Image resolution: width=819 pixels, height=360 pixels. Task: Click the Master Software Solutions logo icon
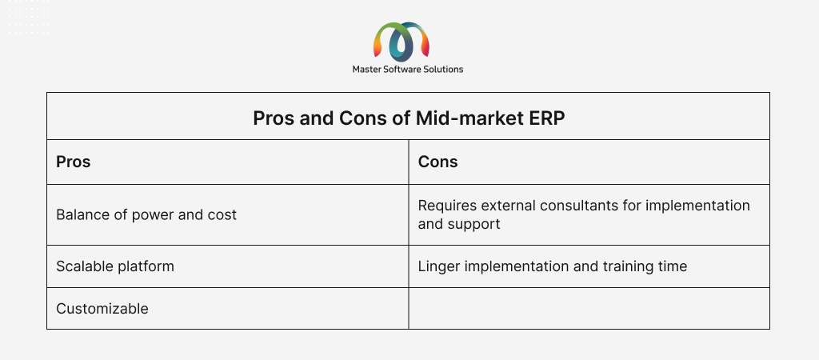[402, 41]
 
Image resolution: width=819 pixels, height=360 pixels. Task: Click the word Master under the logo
[366, 69]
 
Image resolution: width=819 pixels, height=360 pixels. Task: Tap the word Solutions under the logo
[445, 69]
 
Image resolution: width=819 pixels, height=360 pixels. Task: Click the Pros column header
[73, 162]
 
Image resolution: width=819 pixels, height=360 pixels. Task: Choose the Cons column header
[437, 162]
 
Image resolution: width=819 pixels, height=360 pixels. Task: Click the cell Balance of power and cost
[228, 214]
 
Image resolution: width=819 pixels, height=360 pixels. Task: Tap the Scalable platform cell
[228, 266]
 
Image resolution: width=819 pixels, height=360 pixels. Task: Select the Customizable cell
[228, 308]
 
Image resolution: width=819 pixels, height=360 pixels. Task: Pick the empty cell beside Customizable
[589, 308]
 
